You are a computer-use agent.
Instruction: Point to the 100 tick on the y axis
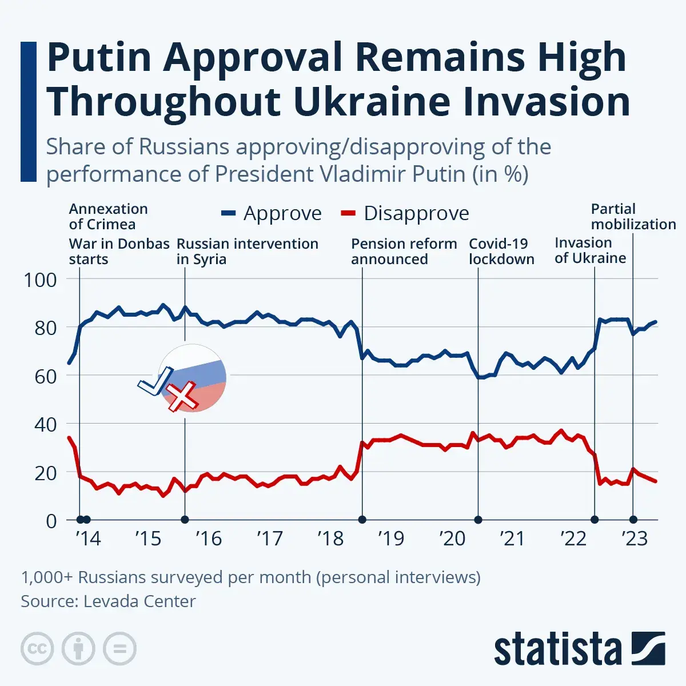(40, 280)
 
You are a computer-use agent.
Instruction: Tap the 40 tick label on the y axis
(40, 424)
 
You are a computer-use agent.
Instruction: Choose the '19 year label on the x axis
(391, 538)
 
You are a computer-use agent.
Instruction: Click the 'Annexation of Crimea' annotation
(109, 217)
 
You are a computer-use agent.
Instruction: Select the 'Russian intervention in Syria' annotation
(247, 252)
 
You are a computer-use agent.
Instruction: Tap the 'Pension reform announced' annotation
(404, 252)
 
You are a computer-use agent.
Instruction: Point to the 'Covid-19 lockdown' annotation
(501, 252)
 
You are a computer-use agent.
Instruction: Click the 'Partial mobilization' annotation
(633, 217)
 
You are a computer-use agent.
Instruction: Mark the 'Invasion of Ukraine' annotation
(590, 250)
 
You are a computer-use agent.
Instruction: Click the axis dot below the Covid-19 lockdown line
(478, 520)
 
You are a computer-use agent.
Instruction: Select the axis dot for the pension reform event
(362, 520)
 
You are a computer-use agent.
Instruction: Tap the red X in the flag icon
(182, 397)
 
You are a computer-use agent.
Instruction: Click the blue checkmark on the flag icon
(154, 382)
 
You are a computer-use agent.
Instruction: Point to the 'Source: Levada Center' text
(108, 601)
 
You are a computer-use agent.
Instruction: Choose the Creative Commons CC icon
(37, 649)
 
